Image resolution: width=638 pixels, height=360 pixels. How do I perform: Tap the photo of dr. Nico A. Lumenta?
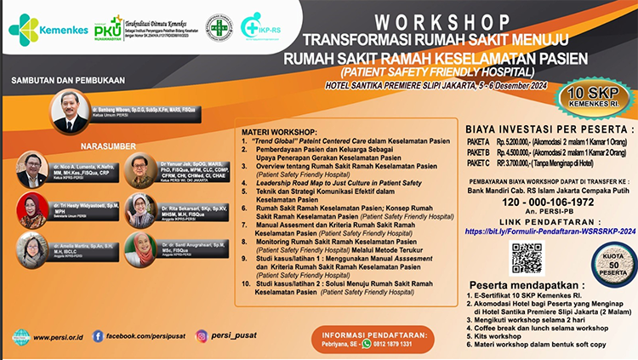coord(32,169)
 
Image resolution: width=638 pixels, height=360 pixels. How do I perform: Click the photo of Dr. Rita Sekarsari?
coord(140,209)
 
